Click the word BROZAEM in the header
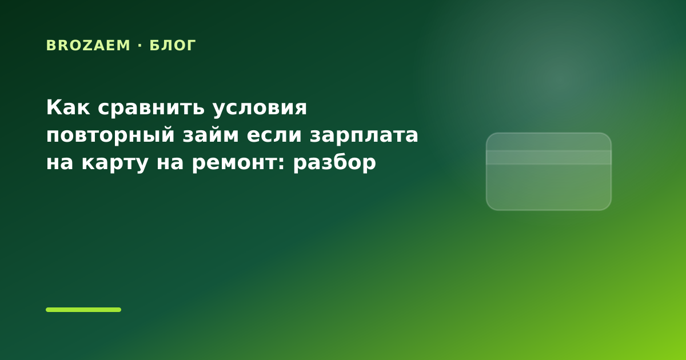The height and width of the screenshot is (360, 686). tap(88, 46)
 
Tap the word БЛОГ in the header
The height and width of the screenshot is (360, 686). tap(173, 46)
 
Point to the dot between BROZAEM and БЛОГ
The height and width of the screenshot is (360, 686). tap(140, 46)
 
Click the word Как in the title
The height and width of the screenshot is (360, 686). tap(68, 107)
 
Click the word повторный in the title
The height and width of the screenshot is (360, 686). tap(110, 135)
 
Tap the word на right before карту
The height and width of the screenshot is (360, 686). tap(59, 162)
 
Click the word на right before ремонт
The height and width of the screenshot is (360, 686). tap(170, 162)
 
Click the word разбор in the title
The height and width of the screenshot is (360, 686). tap(334, 162)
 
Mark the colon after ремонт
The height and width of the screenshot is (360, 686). tap(282, 163)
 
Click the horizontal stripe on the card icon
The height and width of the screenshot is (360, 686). tap(548, 157)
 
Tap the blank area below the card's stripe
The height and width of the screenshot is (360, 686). tap(548, 187)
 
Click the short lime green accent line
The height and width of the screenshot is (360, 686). tap(83, 310)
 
